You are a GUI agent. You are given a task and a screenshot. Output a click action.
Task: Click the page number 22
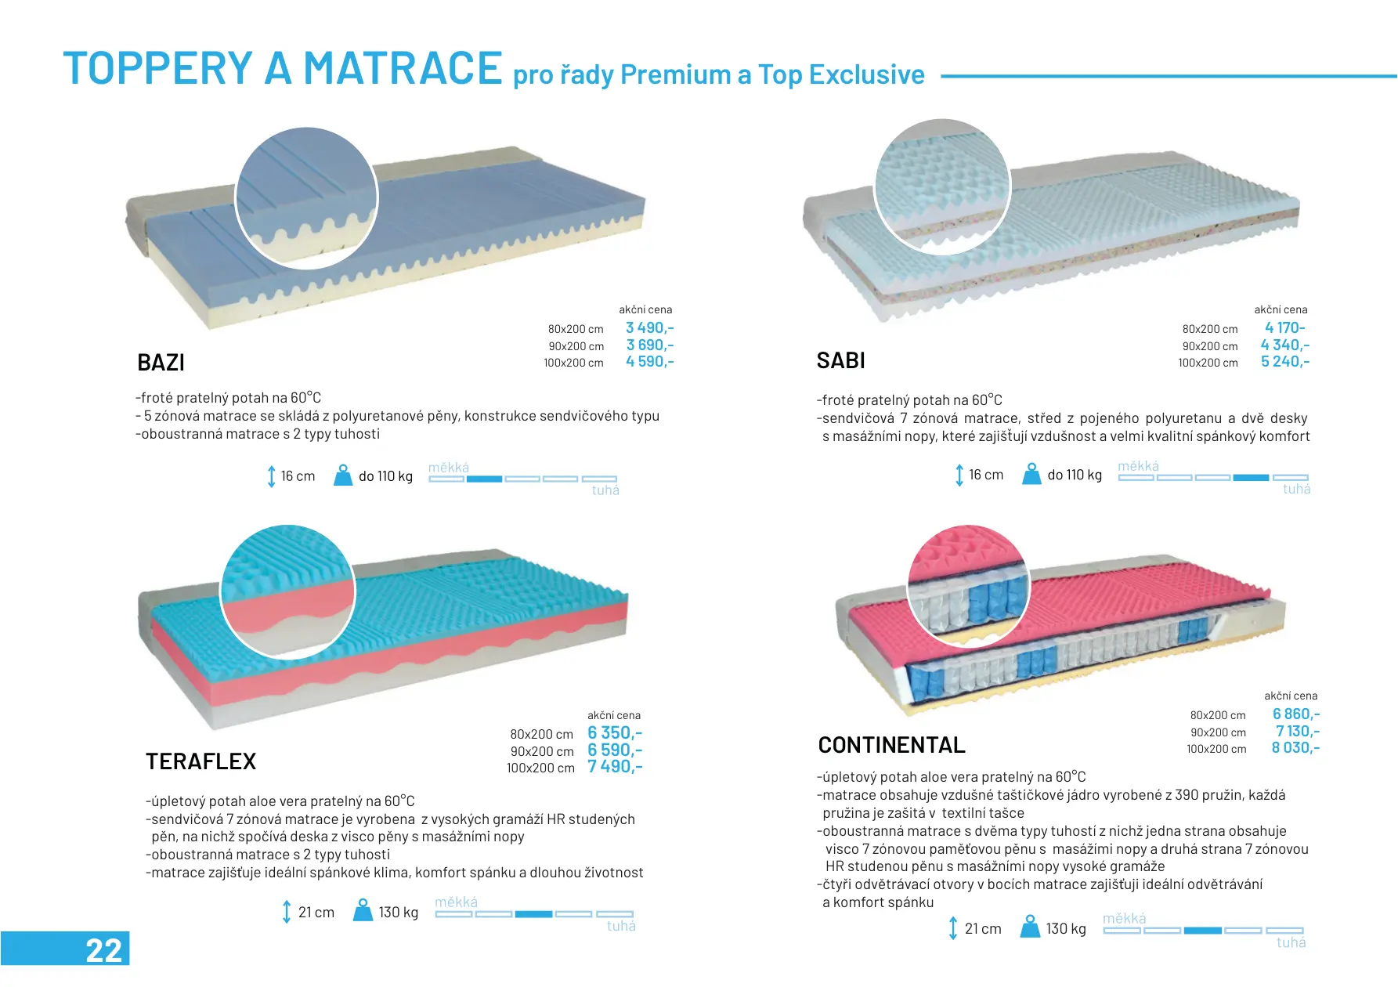(x=104, y=950)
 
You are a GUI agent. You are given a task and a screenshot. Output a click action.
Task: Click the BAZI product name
(x=161, y=363)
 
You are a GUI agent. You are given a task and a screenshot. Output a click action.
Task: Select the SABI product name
(x=841, y=360)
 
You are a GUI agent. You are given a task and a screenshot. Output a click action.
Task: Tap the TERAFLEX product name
(x=201, y=761)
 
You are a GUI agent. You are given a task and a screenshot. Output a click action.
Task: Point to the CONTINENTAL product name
(x=892, y=745)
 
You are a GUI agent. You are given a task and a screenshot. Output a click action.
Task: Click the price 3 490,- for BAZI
(x=650, y=328)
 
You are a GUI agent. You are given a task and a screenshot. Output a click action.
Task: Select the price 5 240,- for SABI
(x=1285, y=362)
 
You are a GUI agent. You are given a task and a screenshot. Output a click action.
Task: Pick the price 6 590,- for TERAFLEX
(x=616, y=750)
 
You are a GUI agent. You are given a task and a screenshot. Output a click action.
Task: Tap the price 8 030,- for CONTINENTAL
(x=1296, y=748)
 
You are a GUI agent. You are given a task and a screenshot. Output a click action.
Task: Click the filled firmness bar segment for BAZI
(x=484, y=479)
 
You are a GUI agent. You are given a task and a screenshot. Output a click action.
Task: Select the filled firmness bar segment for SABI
(x=1251, y=477)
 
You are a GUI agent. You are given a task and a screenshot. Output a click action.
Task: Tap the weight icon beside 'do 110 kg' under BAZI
(x=343, y=475)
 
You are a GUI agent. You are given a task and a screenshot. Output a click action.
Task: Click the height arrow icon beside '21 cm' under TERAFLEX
(x=287, y=912)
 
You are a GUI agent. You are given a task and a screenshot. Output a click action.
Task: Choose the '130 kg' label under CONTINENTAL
(x=1066, y=929)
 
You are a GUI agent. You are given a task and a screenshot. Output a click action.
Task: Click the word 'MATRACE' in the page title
(x=403, y=68)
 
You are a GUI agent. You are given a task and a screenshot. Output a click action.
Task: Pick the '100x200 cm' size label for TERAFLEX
(x=540, y=768)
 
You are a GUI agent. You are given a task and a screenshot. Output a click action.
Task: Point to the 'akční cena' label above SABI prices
(x=1281, y=309)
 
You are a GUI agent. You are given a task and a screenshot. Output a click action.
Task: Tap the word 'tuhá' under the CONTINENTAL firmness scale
(x=1291, y=943)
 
